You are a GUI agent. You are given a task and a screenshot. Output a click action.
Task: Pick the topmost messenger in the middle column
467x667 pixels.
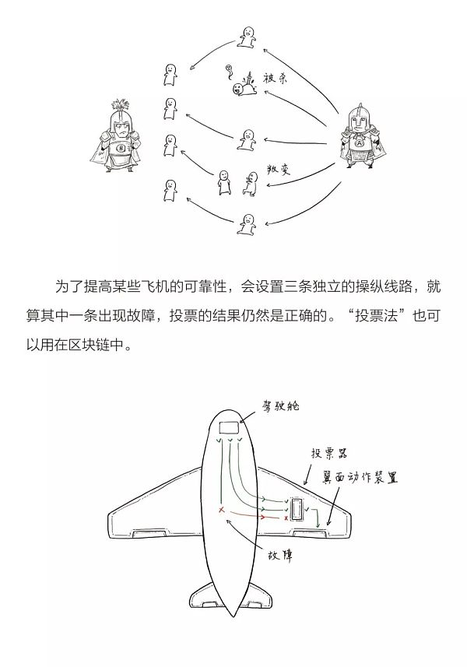pos(247,37)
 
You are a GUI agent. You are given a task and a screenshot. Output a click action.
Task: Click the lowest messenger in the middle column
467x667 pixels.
pos(247,225)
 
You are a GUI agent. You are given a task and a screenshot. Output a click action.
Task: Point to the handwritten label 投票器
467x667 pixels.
pos(328,453)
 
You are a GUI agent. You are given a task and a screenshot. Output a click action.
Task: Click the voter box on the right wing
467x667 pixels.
pos(297,507)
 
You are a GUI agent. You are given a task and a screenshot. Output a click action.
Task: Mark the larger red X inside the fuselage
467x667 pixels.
pos(223,510)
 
